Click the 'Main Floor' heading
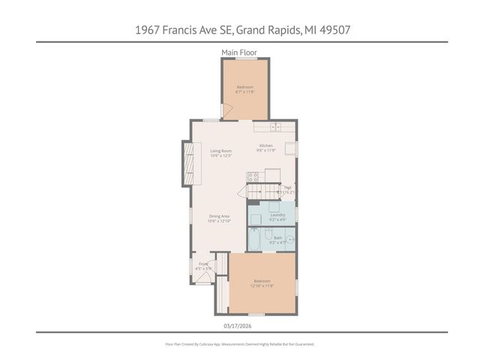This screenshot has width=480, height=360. click(x=239, y=52)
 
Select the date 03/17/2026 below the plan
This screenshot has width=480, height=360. click(x=239, y=325)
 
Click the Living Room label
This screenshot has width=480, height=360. click(x=220, y=153)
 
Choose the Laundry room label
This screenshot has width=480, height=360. click(x=277, y=217)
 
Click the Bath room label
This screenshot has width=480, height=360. click(x=277, y=240)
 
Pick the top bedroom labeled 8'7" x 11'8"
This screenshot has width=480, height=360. click(x=245, y=90)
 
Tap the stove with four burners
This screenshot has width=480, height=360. click(x=253, y=178)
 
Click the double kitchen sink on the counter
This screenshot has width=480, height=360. click(x=277, y=125)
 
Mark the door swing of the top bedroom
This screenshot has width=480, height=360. click(x=229, y=112)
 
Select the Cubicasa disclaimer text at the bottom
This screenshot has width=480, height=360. click(x=239, y=343)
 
